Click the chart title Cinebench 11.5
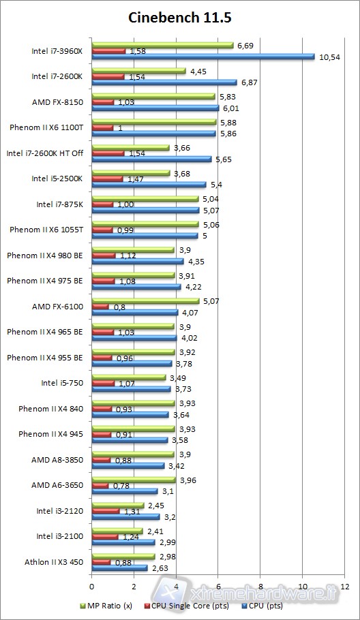[x=181, y=18]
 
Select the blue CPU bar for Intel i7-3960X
[x=202, y=57]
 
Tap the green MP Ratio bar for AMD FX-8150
[x=153, y=96]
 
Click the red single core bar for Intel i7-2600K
[x=108, y=76]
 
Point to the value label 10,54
[x=329, y=57]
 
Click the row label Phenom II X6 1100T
[x=46, y=127]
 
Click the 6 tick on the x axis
[x=218, y=585]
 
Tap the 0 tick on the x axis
[x=91, y=585]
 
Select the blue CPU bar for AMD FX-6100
[x=134, y=313]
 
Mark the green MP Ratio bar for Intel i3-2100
[x=117, y=531]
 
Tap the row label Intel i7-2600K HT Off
[x=44, y=153]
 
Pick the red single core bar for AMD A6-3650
[x=100, y=485]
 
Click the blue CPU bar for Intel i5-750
[x=131, y=389]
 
